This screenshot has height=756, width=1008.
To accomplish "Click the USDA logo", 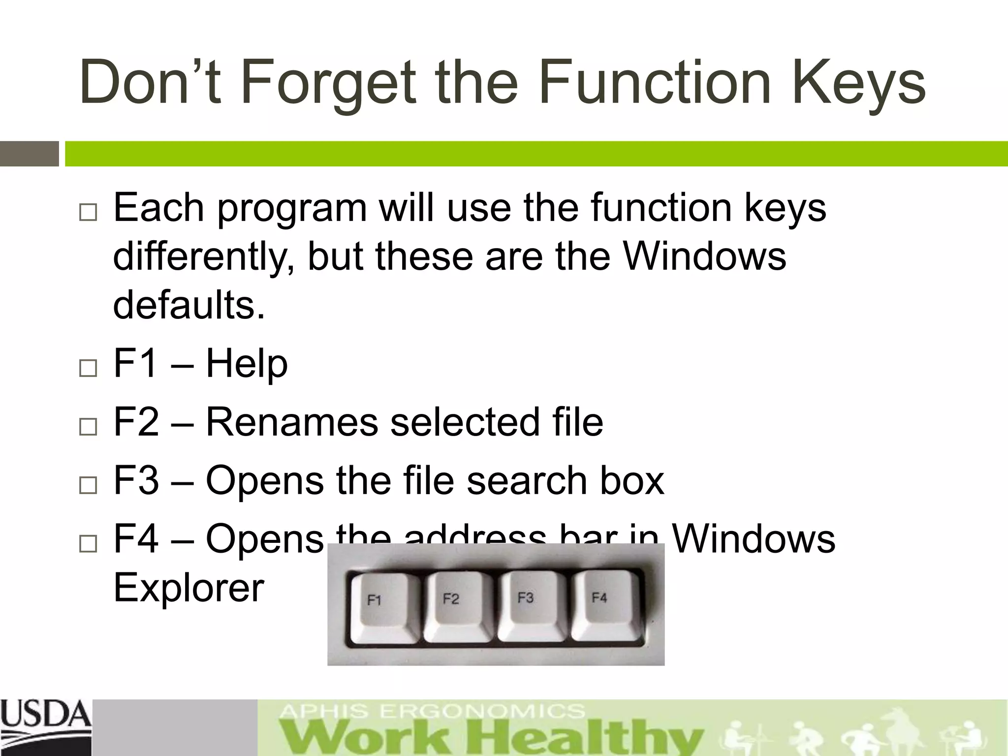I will (x=45, y=721).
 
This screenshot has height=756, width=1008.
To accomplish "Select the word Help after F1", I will (x=246, y=364).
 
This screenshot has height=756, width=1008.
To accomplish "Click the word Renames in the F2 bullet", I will (x=291, y=422).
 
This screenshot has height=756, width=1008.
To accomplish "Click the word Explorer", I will (x=189, y=588).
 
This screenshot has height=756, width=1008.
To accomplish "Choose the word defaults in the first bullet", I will (x=189, y=305).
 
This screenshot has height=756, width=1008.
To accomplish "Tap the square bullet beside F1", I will (x=88, y=368).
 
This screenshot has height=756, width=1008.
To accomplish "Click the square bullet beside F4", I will (x=88, y=543).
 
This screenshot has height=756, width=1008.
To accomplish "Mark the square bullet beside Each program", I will (x=88, y=213).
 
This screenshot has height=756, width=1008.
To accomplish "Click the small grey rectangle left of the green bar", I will (x=30, y=154).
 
